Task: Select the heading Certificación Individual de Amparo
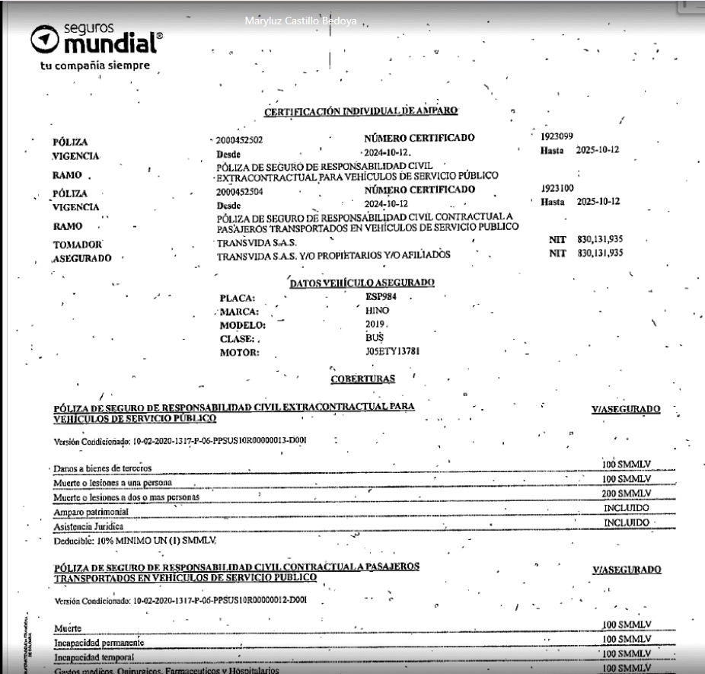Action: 361,112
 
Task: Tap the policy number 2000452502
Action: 239,141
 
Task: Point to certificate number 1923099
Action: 557,137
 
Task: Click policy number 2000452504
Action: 239,193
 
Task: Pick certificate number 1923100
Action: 557,188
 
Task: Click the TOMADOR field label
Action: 78,245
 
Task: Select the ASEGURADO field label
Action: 81,259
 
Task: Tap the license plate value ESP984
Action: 382,297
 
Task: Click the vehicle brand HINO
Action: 377,311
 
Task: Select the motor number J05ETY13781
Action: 392,352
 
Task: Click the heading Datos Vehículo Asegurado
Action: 362,283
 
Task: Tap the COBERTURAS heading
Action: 362,379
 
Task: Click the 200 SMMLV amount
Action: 627,494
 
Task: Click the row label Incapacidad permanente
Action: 99,643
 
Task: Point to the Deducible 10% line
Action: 136,540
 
